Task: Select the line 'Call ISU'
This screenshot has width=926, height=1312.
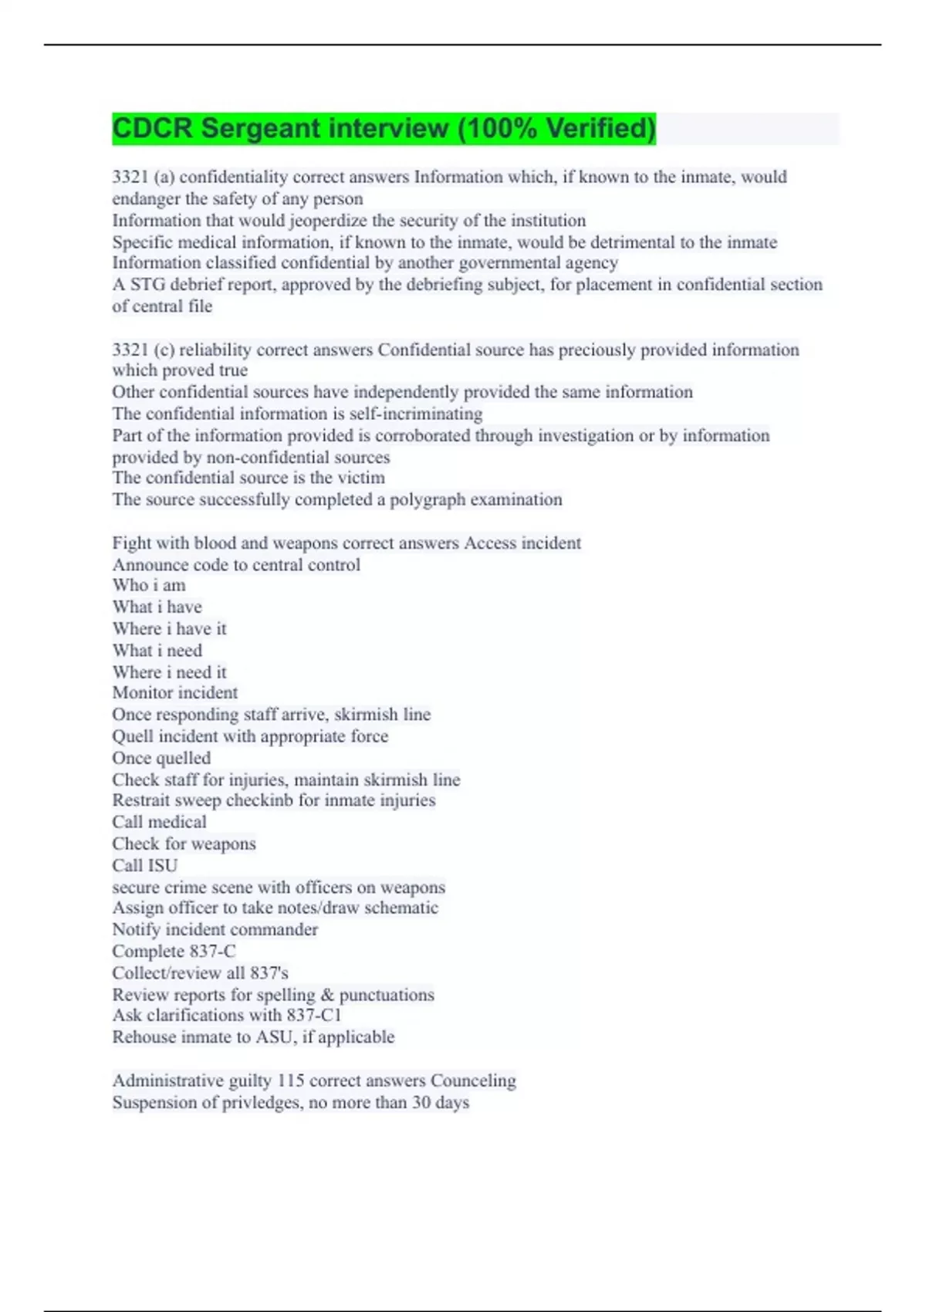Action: pyautogui.click(x=145, y=865)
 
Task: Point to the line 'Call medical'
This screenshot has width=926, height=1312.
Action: pyautogui.click(x=160, y=822)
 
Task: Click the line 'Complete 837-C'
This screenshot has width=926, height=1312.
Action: pyautogui.click(x=174, y=952)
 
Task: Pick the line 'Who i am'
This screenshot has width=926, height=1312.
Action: pyautogui.click(x=149, y=586)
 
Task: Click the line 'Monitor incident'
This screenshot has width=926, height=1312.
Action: pyautogui.click(x=175, y=693)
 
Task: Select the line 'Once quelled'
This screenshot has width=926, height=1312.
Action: pyautogui.click(x=161, y=758)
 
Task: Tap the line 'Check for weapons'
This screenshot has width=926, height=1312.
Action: pyautogui.click(x=184, y=844)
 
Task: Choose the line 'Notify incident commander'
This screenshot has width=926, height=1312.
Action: pyautogui.click(x=215, y=930)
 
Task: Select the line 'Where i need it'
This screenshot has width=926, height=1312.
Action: pyautogui.click(x=170, y=672)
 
